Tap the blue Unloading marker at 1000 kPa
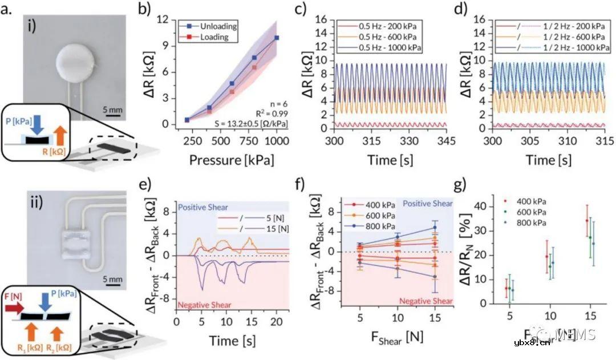coord(277,38)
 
